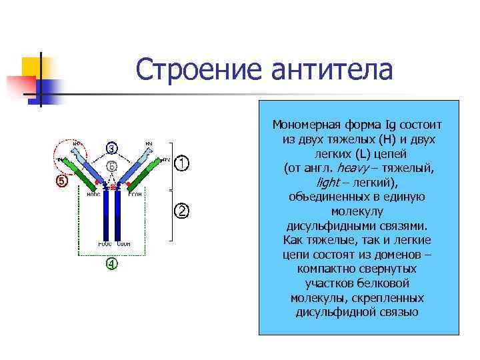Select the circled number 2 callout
click(x=182, y=211)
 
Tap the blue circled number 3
click(x=113, y=147)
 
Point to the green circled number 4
click(x=112, y=264)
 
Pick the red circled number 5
click(x=61, y=181)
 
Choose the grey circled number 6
click(x=112, y=165)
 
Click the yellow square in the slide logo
click(x=32, y=68)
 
